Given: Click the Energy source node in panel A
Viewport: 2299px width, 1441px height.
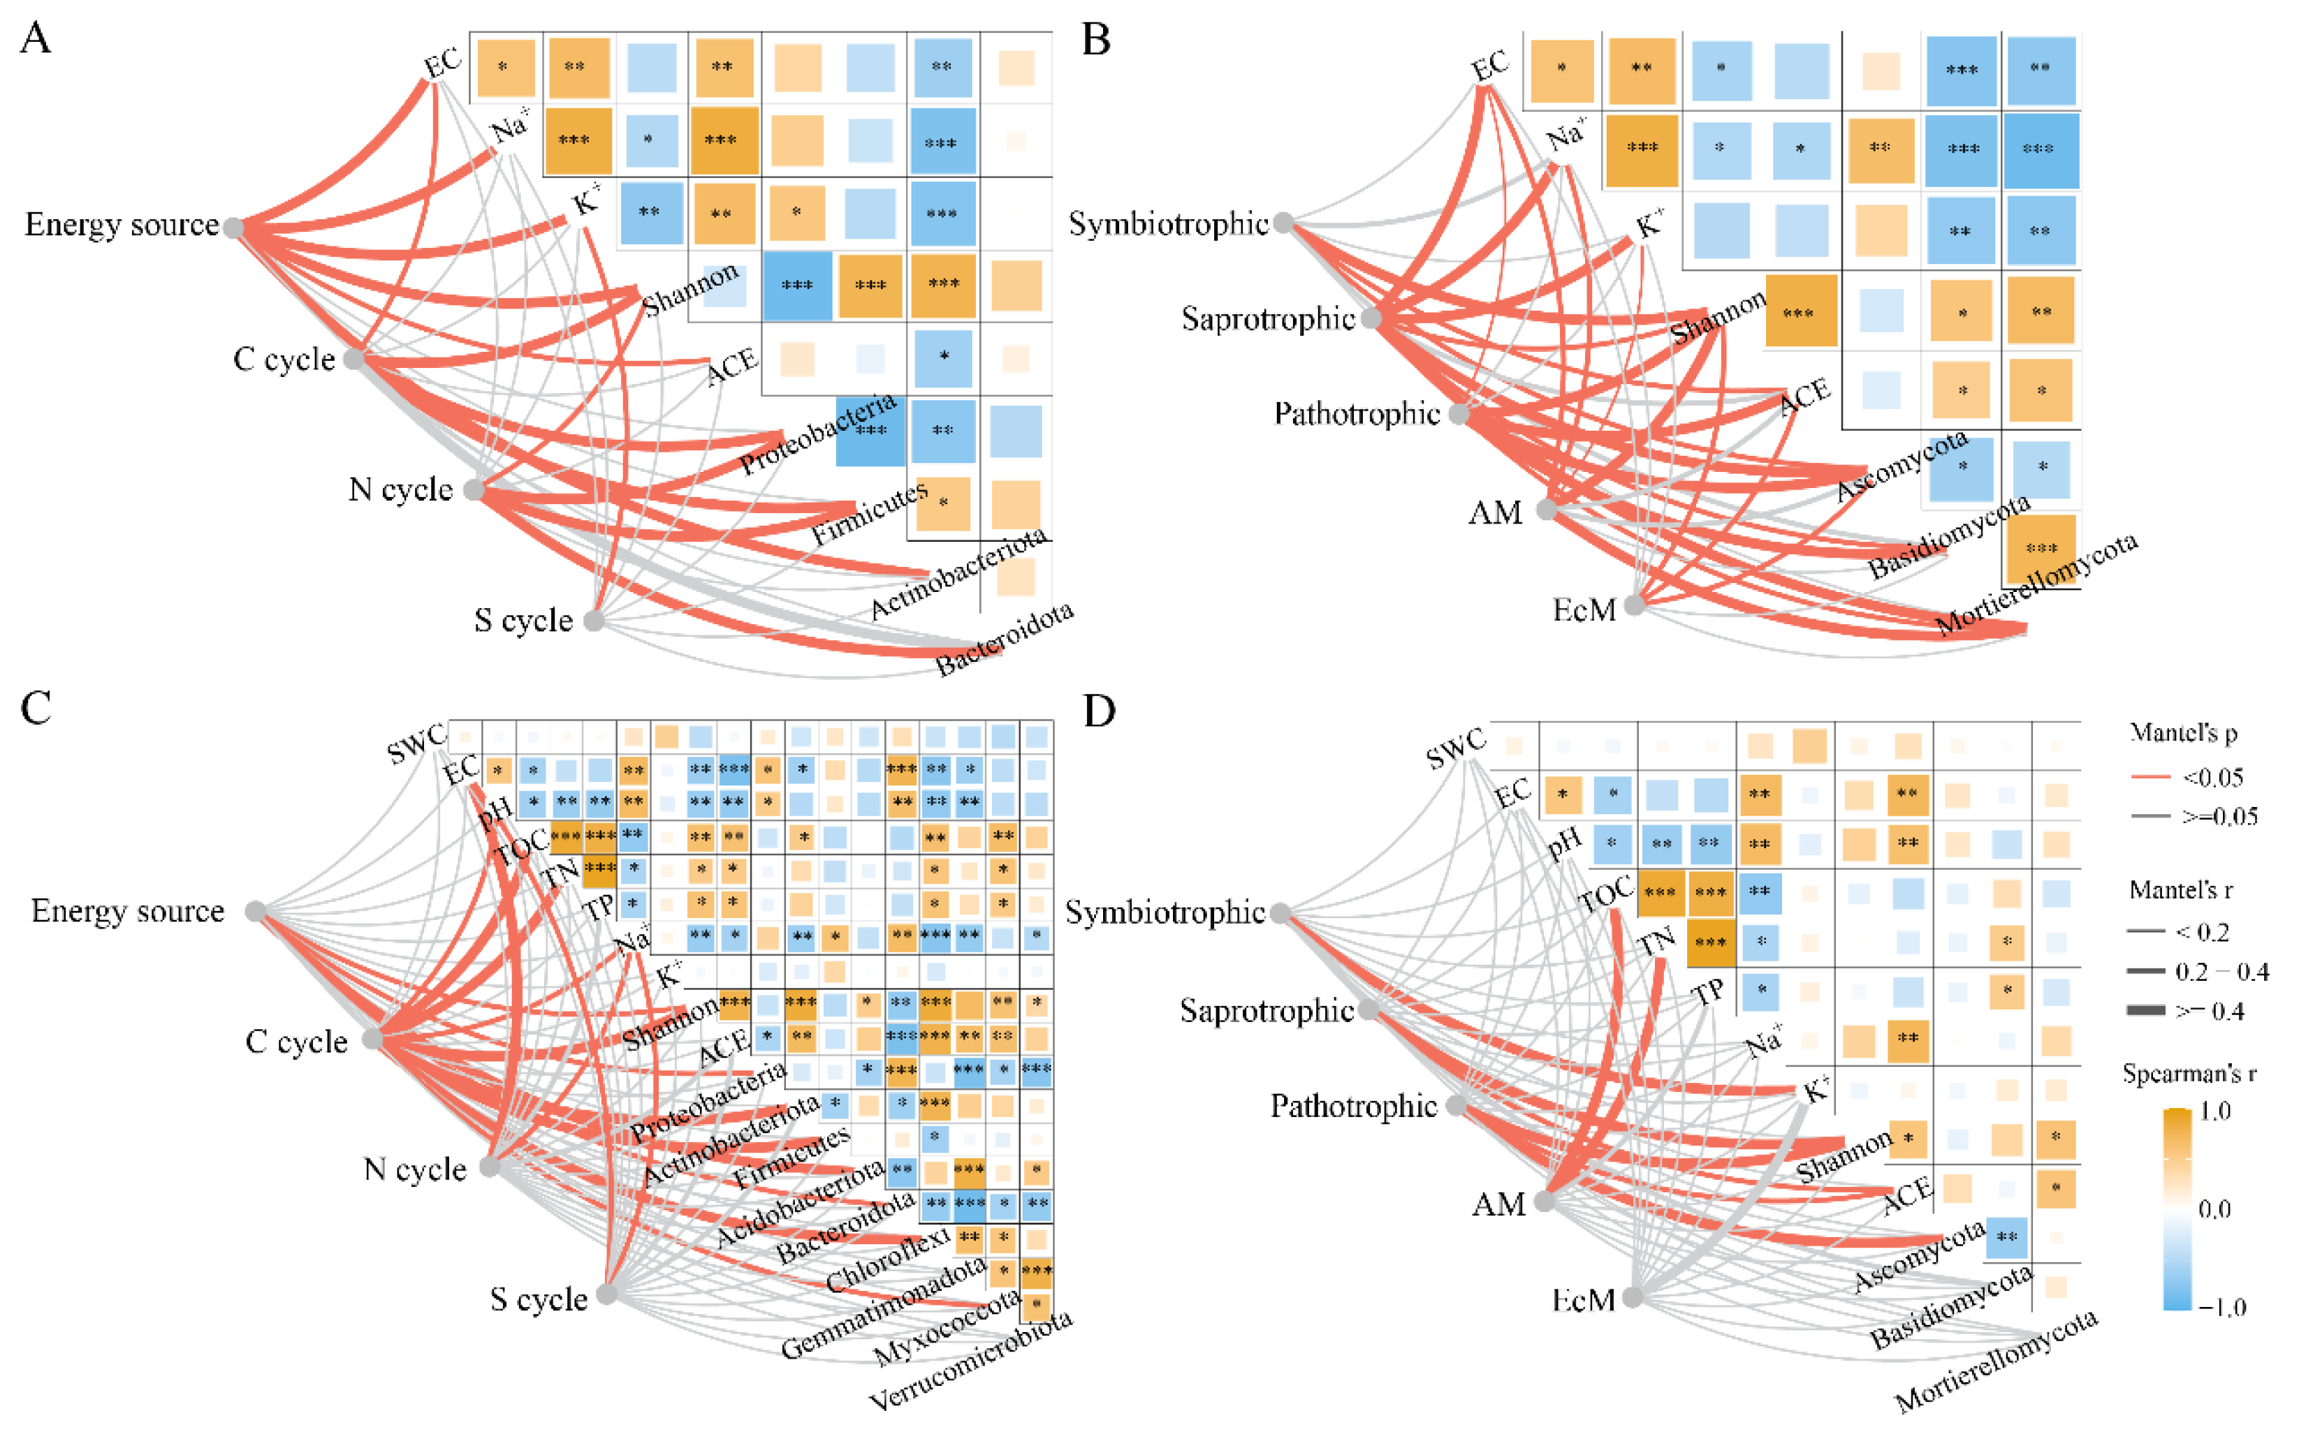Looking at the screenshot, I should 233,227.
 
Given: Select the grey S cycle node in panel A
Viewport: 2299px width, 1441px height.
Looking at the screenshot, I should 593,621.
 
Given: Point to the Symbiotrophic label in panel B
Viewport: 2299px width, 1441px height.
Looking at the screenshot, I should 1168,224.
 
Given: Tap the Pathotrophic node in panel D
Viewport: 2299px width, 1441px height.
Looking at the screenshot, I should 1456,1105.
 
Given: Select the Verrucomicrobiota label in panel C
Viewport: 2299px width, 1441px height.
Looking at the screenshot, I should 971,1360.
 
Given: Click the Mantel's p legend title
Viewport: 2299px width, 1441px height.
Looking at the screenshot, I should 2184,733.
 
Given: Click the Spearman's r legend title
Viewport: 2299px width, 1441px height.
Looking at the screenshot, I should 2189,1074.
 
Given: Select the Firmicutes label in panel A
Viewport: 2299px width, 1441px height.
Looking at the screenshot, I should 869,514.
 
